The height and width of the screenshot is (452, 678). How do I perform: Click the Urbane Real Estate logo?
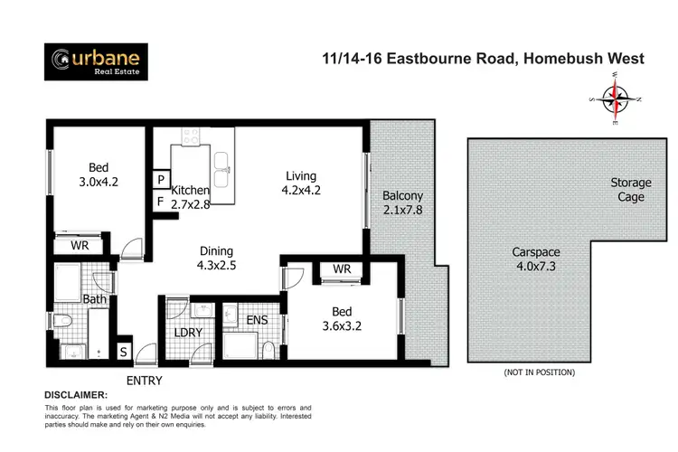(97, 61)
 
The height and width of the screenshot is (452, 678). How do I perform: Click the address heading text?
(483, 59)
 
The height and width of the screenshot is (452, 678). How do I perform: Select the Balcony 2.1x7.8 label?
(402, 202)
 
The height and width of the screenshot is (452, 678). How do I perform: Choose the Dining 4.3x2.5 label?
(216, 259)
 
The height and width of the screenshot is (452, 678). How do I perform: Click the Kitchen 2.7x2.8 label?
(190, 197)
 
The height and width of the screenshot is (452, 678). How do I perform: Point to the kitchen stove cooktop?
(191, 137)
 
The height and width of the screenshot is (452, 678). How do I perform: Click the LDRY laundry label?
(188, 332)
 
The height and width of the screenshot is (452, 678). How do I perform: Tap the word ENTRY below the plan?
(145, 381)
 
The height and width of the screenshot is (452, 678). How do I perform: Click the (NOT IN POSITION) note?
(538, 372)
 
